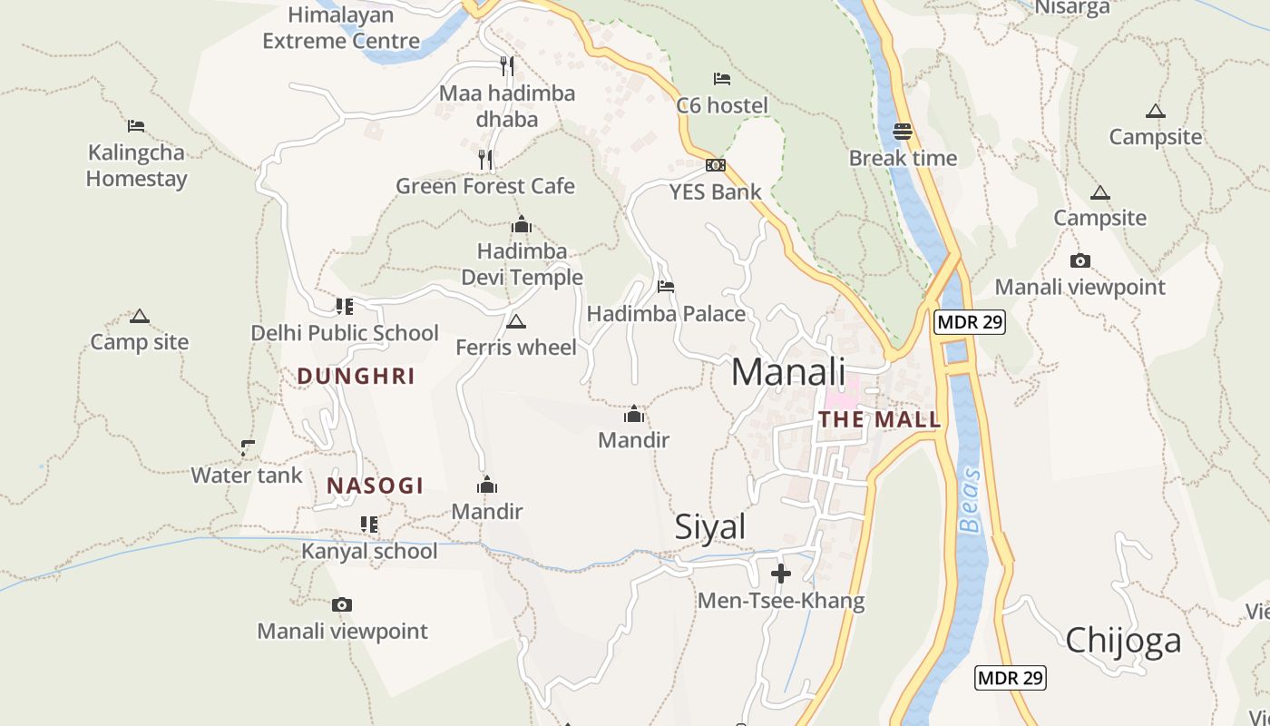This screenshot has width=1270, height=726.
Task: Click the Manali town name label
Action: click(x=787, y=372)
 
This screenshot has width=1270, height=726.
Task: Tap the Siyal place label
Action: click(x=710, y=527)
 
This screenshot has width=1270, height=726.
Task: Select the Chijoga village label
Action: click(x=1123, y=640)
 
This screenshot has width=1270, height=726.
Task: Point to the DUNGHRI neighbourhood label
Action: click(x=356, y=376)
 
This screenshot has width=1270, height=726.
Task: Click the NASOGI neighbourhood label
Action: click(x=376, y=486)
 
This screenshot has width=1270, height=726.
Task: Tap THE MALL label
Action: click(x=879, y=420)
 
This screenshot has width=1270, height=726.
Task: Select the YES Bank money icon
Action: click(x=716, y=165)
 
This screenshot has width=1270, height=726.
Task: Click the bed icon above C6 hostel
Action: click(x=722, y=79)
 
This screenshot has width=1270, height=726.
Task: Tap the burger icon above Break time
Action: click(x=902, y=131)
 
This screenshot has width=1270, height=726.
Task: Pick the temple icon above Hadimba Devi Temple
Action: click(x=522, y=224)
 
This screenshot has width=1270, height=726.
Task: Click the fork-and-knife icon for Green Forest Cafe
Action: click(x=485, y=160)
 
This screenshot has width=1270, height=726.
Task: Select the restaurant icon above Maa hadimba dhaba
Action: click(x=507, y=65)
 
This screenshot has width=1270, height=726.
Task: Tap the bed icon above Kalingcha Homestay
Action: click(x=136, y=125)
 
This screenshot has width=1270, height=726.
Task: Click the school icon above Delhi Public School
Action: click(x=345, y=306)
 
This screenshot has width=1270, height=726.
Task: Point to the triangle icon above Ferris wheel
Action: click(x=515, y=321)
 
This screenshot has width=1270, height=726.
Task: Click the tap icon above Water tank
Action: click(x=247, y=447)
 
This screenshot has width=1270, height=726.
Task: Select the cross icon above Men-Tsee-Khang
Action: click(x=781, y=574)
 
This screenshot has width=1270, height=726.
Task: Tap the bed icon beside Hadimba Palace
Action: click(x=666, y=287)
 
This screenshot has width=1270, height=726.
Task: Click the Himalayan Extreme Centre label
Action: click(x=341, y=28)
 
